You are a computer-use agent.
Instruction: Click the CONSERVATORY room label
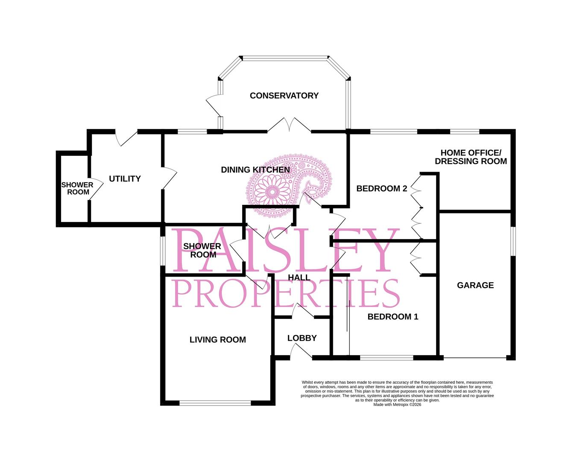284,96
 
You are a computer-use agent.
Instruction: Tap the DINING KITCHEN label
255,169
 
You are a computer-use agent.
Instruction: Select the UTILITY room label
125,179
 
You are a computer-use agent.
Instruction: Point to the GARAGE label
475,285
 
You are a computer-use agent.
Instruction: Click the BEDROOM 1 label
392,317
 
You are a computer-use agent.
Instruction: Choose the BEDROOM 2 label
381,189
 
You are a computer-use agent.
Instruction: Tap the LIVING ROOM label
217,340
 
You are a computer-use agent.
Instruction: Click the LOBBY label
302,338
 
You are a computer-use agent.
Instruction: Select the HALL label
299,277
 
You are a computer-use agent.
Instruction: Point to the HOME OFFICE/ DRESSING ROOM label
471,157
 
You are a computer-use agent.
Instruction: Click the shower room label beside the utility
77,188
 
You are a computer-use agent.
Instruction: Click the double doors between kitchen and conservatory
289,125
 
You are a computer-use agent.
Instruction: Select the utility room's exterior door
126,138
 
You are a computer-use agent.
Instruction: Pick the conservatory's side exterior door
214,105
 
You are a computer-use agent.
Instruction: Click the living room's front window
215,403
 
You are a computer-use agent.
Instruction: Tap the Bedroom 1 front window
387,358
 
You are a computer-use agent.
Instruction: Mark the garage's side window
513,241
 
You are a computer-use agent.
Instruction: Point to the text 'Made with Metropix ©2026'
397,405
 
